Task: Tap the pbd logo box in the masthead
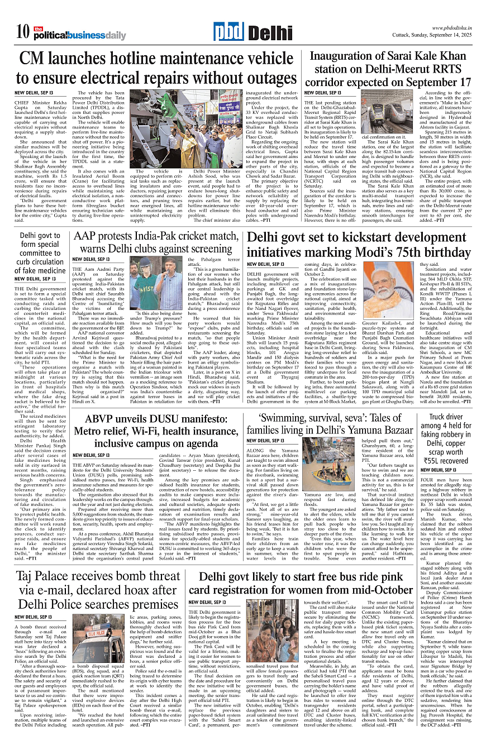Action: coord(228,33)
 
